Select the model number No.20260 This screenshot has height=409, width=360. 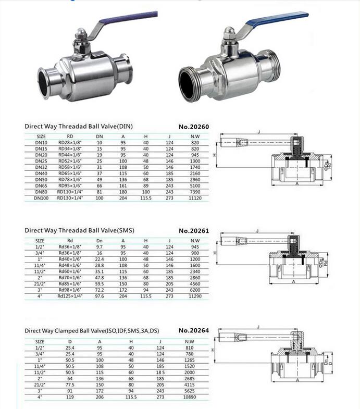point(194,126)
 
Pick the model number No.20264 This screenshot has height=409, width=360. point(194,330)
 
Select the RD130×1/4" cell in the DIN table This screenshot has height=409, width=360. point(70,198)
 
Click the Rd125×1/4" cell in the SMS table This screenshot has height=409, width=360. point(70,296)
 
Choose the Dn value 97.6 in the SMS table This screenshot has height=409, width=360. point(100,296)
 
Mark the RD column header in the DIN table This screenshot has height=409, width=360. point(70,136)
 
